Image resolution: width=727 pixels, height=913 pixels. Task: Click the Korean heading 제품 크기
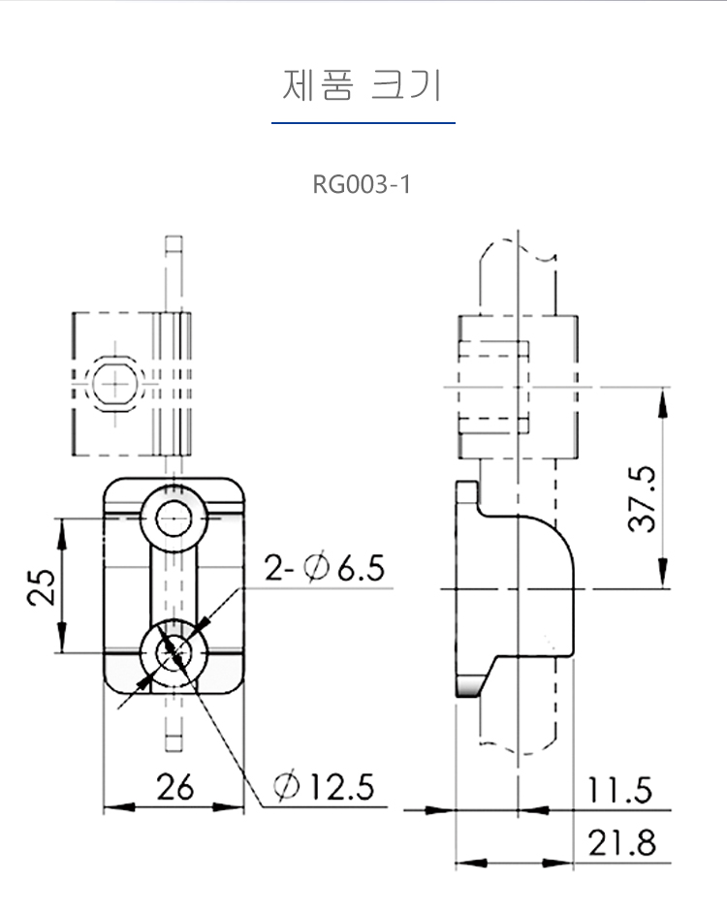[363, 86]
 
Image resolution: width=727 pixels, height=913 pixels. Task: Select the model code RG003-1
[362, 184]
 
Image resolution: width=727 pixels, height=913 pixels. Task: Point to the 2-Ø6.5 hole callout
[325, 566]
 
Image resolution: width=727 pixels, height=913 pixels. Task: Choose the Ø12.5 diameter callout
[324, 786]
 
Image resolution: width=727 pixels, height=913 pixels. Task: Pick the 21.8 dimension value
[620, 843]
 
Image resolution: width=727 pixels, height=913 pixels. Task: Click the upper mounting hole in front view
[174, 518]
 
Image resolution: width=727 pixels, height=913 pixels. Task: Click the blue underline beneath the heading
[363, 123]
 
